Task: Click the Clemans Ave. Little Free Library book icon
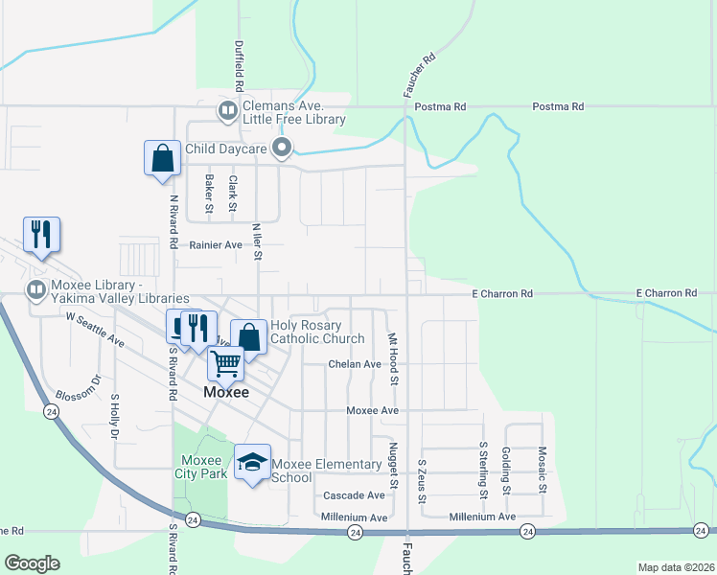[x=227, y=111]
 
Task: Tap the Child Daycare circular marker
[x=282, y=149]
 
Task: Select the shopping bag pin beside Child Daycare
[x=162, y=158]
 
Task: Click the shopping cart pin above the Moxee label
[x=225, y=363]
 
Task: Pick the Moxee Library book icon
[x=35, y=287]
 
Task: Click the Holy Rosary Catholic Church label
[x=317, y=332]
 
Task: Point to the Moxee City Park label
[x=200, y=467]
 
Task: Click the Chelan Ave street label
[x=355, y=364]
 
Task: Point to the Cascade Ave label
[x=354, y=495]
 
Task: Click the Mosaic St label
[x=543, y=470]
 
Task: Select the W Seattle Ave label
[x=95, y=328]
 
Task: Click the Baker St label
[x=209, y=193]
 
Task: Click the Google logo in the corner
[x=32, y=563]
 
